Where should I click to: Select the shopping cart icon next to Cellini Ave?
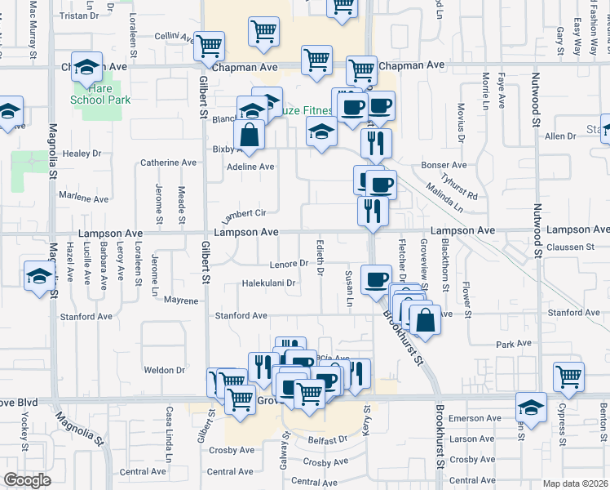(210, 46)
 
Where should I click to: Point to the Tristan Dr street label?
(79, 16)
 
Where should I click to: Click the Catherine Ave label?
(168, 163)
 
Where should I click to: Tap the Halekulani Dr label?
(267, 283)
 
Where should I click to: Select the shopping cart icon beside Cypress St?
(568, 376)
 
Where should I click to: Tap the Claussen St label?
(571, 247)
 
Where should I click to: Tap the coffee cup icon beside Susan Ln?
(376, 279)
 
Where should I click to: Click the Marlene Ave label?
(84, 198)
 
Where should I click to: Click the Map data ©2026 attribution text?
(574, 483)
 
